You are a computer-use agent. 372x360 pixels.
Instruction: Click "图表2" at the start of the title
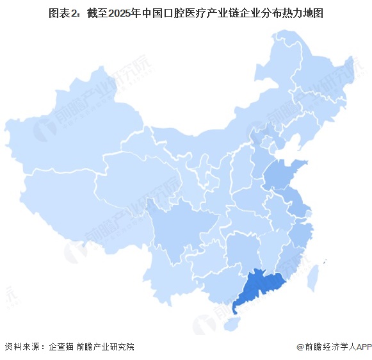coord(62,13)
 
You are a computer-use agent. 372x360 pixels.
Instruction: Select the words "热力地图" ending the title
coord(302,13)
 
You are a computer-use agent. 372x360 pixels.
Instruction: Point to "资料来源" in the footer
coord(20,347)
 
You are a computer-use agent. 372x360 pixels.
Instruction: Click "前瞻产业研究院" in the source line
coord(105,347)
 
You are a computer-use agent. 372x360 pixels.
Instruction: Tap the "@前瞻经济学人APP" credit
coord(333,347)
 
